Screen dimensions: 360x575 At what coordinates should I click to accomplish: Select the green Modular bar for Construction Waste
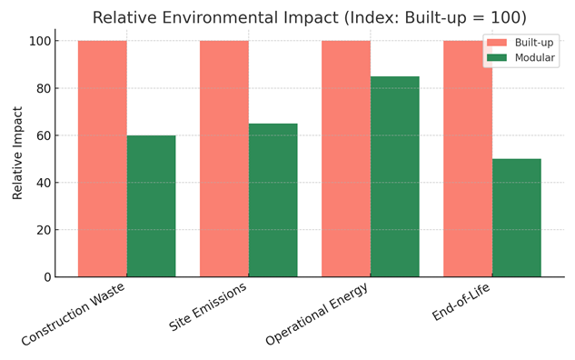tap(151, 206)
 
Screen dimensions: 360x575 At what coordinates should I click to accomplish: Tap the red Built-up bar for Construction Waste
tap(103, 159)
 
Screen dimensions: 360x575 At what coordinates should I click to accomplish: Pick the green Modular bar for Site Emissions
tap(273, 200)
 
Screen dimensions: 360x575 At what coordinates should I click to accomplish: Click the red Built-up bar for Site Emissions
tap(224, 159)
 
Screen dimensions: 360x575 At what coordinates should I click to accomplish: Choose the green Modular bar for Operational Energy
tap(394, 176)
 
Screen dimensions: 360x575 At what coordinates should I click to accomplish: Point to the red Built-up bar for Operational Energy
tap(346, 159)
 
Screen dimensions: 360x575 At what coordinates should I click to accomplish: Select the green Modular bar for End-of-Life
tap(516, 218)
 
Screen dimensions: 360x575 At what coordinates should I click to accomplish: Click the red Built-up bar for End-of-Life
tap(468, 159)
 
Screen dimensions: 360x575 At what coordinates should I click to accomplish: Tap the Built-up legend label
tap(534, 42)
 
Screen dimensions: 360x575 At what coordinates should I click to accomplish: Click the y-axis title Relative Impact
tap(17, 153)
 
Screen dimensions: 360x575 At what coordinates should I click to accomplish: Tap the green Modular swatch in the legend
tap(498, 57)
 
